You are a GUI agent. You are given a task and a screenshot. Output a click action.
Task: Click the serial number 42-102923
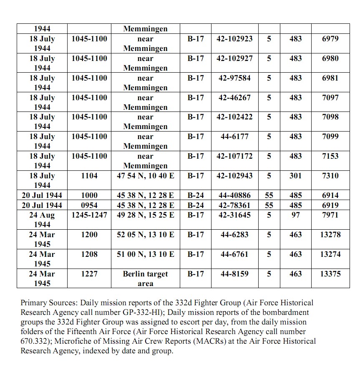click(x=234, y=39)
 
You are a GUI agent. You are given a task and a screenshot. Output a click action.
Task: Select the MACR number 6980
click(x=330, y=58)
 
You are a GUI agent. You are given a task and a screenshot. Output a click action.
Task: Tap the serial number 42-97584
click(x=234, y=78)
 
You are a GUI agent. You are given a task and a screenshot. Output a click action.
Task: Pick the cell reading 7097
click(x=330, y=98)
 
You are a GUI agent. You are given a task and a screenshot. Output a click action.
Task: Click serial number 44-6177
click(x=234, y=137)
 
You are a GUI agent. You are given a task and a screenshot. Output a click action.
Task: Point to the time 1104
click(x=89, y=176)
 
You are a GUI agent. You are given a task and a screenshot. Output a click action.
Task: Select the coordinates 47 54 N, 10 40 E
click(x=145, y=176)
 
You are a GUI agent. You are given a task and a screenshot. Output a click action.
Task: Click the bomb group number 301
click(x=295, y=176)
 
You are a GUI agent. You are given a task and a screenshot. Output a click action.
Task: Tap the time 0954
click(x=89, y=205)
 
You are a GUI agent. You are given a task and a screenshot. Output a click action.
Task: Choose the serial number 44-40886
click(x=234, y=195)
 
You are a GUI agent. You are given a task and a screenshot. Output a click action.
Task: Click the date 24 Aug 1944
click(x=42, y=220)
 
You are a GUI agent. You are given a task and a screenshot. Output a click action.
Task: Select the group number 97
click(x=295, y=215)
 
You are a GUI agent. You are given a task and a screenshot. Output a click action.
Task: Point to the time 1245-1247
click(x=89, y=215)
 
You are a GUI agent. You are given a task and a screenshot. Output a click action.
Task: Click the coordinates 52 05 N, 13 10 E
click(x=145, y=235)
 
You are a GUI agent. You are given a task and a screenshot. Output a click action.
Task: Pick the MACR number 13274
click(x=330, y=254)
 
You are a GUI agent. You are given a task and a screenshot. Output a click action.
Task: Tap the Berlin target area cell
click(x=145, y=279)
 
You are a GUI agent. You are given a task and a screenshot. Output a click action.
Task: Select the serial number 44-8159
click(x=234, y=274)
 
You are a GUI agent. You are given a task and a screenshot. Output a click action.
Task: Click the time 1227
click(x=89, y=274)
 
